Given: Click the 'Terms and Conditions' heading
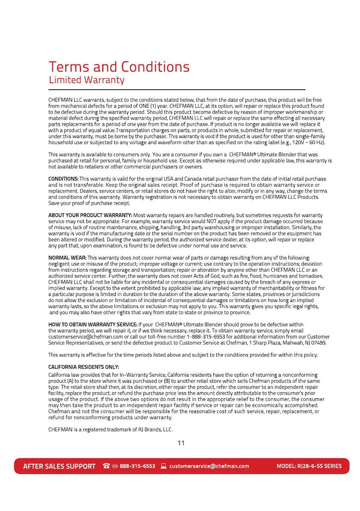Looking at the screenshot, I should (x=119, y=67).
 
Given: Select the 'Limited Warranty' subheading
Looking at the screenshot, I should (x=86, y=80).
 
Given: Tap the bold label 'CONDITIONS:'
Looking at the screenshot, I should (x=63, y=179).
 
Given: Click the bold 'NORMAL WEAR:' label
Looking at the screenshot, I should (x=67, y=257).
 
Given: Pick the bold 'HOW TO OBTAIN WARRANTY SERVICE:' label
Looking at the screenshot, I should (x=93, y=324).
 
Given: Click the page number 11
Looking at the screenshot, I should (x=181, y=443).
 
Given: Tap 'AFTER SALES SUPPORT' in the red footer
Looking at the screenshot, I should (x=59, y=466).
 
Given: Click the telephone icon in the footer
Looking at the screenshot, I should (x=106, y=466).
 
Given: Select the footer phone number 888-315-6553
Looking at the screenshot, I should (x=137, y=466).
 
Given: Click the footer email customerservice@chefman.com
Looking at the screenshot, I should (x=209, y=466).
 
